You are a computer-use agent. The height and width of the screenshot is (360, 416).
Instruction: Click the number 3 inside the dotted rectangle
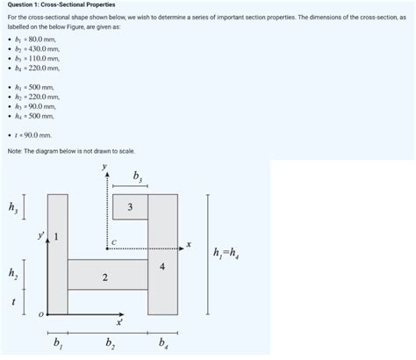tap(130, 207)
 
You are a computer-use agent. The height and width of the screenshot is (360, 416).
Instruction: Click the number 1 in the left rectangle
tap(58, 236)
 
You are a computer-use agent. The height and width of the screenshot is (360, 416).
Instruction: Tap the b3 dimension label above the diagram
tap(136, 177)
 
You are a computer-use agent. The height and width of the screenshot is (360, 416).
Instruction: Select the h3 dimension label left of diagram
tap(11, 208)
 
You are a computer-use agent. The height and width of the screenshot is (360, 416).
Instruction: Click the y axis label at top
tap(104, 165)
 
